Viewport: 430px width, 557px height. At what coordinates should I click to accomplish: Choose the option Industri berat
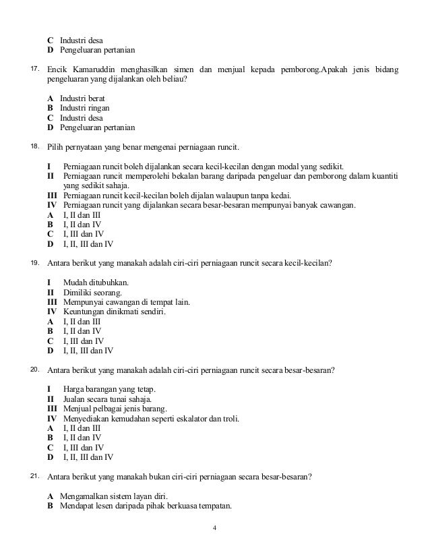[82, 98]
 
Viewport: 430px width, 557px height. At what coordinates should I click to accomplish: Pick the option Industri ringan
[84, 108]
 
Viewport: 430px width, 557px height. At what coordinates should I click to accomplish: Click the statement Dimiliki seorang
[92, 292]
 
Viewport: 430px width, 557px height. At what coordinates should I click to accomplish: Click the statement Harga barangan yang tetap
[109, 389]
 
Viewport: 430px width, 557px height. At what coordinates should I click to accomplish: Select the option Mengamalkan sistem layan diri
[109, 496]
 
